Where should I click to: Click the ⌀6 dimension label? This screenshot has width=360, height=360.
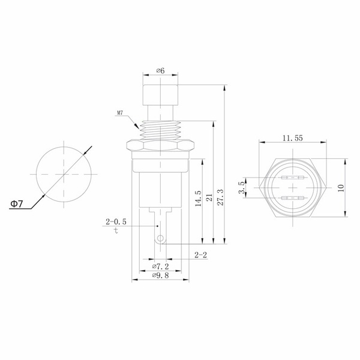coord(160,70)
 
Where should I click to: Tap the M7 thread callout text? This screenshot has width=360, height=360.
coord(120,113)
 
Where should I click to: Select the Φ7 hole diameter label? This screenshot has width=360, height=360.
coord(17,203)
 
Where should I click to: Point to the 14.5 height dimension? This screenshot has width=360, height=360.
coord(198,198)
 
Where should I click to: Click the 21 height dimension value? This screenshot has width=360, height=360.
coord(209,197)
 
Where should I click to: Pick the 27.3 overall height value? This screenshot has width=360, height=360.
coord(220,197)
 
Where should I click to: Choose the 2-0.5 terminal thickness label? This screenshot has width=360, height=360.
coord(116,222)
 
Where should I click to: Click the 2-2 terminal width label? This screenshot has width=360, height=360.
coord(200,255)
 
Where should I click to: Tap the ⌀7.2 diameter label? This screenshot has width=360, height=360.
coord(160,266)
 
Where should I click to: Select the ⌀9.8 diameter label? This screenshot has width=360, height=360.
coord(160,275)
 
